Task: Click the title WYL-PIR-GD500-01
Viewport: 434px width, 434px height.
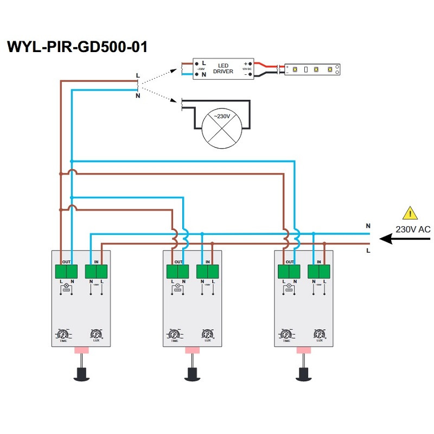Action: [x=77, y=47]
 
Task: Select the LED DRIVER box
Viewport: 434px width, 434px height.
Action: [x=224, y=69]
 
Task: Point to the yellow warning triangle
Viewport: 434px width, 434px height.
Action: [x=411, y=213]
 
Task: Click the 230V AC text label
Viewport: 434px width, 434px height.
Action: [x=413, y=229]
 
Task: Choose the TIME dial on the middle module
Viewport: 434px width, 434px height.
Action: [x=174, y=334]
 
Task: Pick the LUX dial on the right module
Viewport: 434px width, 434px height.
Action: [x=319, y=334]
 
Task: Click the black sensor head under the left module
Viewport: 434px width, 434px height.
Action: [x=81, y=373]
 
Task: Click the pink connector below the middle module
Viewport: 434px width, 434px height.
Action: [x=192, y=351]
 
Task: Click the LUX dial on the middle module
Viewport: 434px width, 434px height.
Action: [x=207, y=334]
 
